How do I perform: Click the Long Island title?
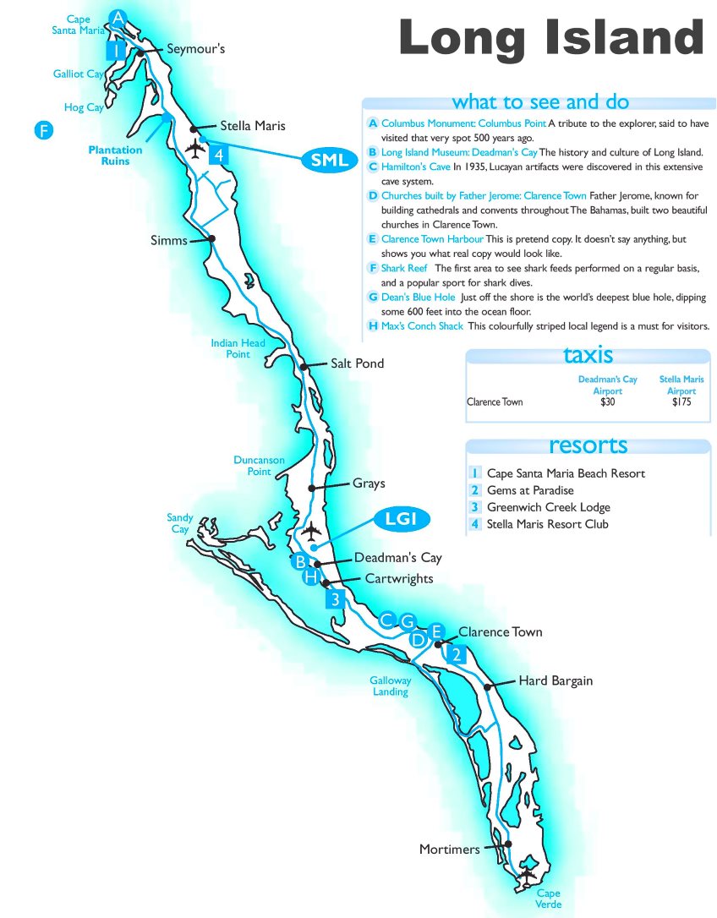(x=550, y=39)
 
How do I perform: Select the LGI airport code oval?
(x=402, y=519)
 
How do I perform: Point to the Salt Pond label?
(x=358, y=363)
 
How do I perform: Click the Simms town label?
(x=169, y=241)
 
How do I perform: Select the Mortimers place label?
(x=449, y=849)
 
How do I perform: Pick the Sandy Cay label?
(x=180, y=523)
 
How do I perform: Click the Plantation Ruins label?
(x=116, y=156)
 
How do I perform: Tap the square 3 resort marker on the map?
(x=336, y=600)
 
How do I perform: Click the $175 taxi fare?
(x=681, y=402)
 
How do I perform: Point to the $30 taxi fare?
(x=607, y=402)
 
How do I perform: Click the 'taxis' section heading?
(x=588, y=355)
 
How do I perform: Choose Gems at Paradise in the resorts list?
(x=530, y=490)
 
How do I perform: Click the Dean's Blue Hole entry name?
(x=418, y=298)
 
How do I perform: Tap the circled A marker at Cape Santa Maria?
(x=118, y=18)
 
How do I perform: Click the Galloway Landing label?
(x=390, y=686)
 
